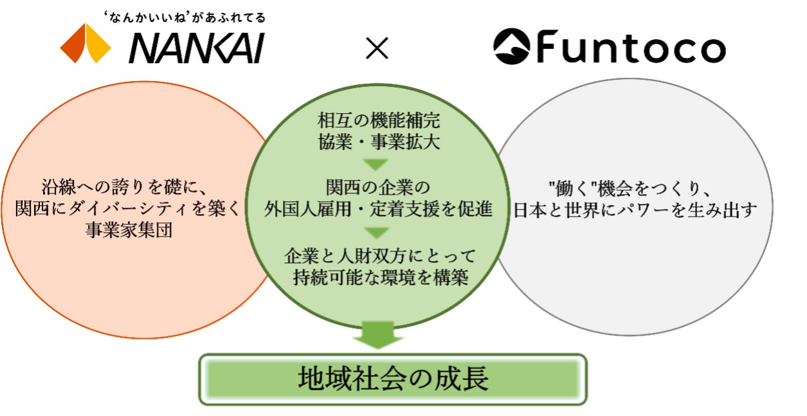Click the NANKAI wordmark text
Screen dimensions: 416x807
click(x=197, y=48)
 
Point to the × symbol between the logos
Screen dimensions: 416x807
click(x=377, y=48)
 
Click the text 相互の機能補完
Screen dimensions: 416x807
click(x=379, y=120)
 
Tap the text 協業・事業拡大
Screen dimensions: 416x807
click(x=379, y=142)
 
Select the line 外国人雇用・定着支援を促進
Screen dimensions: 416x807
click(x=379, y=210)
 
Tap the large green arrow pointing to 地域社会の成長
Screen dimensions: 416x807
click(x=379, y=334)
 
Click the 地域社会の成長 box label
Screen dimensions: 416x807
click(x=393, y=379)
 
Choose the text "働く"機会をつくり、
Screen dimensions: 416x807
click(x=628, y=188)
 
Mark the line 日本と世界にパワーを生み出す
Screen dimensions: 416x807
click(x=634, y=211)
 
